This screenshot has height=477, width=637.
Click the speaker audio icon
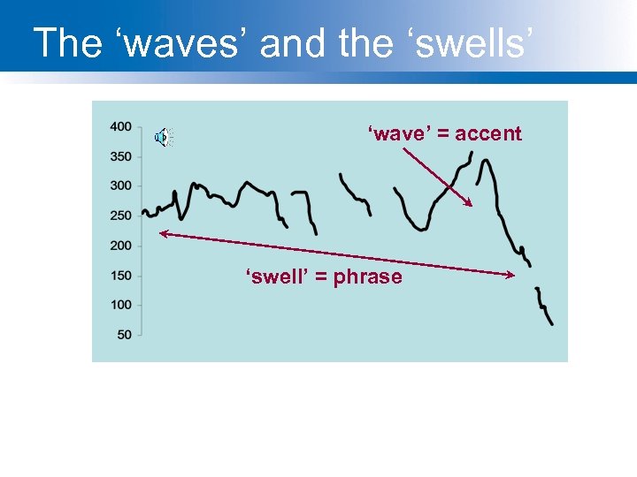(164, 137)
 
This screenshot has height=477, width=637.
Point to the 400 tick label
(120, 127)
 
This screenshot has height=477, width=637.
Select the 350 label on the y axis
(120, 156)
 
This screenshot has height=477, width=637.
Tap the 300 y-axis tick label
(120, 185)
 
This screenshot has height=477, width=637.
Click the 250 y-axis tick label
(120, 216)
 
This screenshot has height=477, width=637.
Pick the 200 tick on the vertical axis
(120, 246)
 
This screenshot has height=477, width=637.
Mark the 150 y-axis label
(120, 276)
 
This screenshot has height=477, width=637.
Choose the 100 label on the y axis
(120, 305)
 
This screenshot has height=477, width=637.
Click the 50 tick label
(124, 334)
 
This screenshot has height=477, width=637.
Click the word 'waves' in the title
(181, 43)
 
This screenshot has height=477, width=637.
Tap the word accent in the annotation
(488, 134)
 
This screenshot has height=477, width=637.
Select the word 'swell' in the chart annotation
(275, 277)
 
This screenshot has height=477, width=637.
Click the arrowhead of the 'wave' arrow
(471, 204)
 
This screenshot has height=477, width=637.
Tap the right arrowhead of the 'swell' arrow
(512, 276)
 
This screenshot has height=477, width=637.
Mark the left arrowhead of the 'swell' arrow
(162, 233)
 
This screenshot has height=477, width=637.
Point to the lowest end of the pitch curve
(552, 324)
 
